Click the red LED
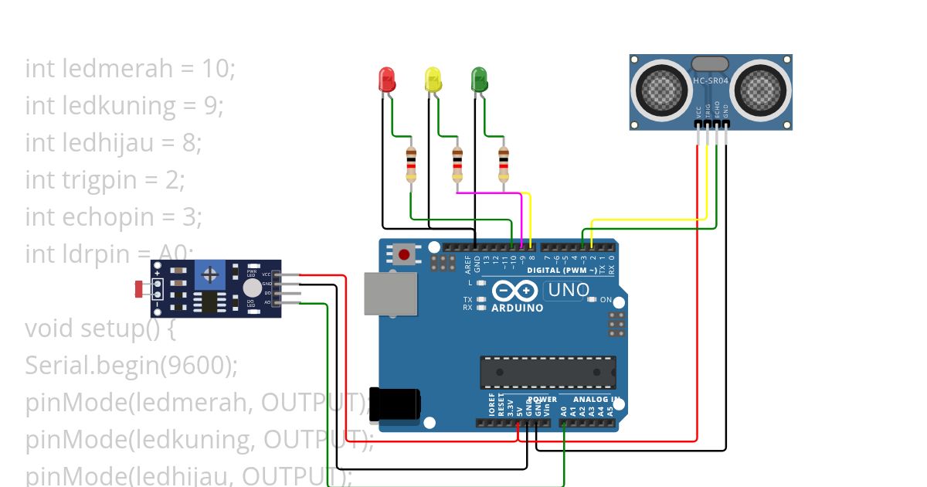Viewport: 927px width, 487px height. [386, 79]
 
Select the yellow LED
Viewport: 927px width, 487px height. [433, 79]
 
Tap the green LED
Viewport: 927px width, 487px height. [479, 79]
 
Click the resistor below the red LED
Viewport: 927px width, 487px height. [411, 164]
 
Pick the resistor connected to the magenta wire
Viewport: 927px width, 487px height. [457, 164]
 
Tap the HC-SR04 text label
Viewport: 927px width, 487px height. [711, 81]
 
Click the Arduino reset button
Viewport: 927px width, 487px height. [403, 254]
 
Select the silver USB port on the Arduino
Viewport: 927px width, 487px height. [391, 295]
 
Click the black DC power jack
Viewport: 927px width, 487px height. [396, 404]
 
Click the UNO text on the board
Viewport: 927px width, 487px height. [569, 291]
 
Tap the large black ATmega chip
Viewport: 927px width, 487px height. [548, 372]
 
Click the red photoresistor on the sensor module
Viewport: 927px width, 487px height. [141, 289]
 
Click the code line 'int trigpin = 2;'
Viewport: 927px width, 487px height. [105, 180]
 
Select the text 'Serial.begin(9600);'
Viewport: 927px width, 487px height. [131, 366]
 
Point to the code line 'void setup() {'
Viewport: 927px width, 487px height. [100, 329]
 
